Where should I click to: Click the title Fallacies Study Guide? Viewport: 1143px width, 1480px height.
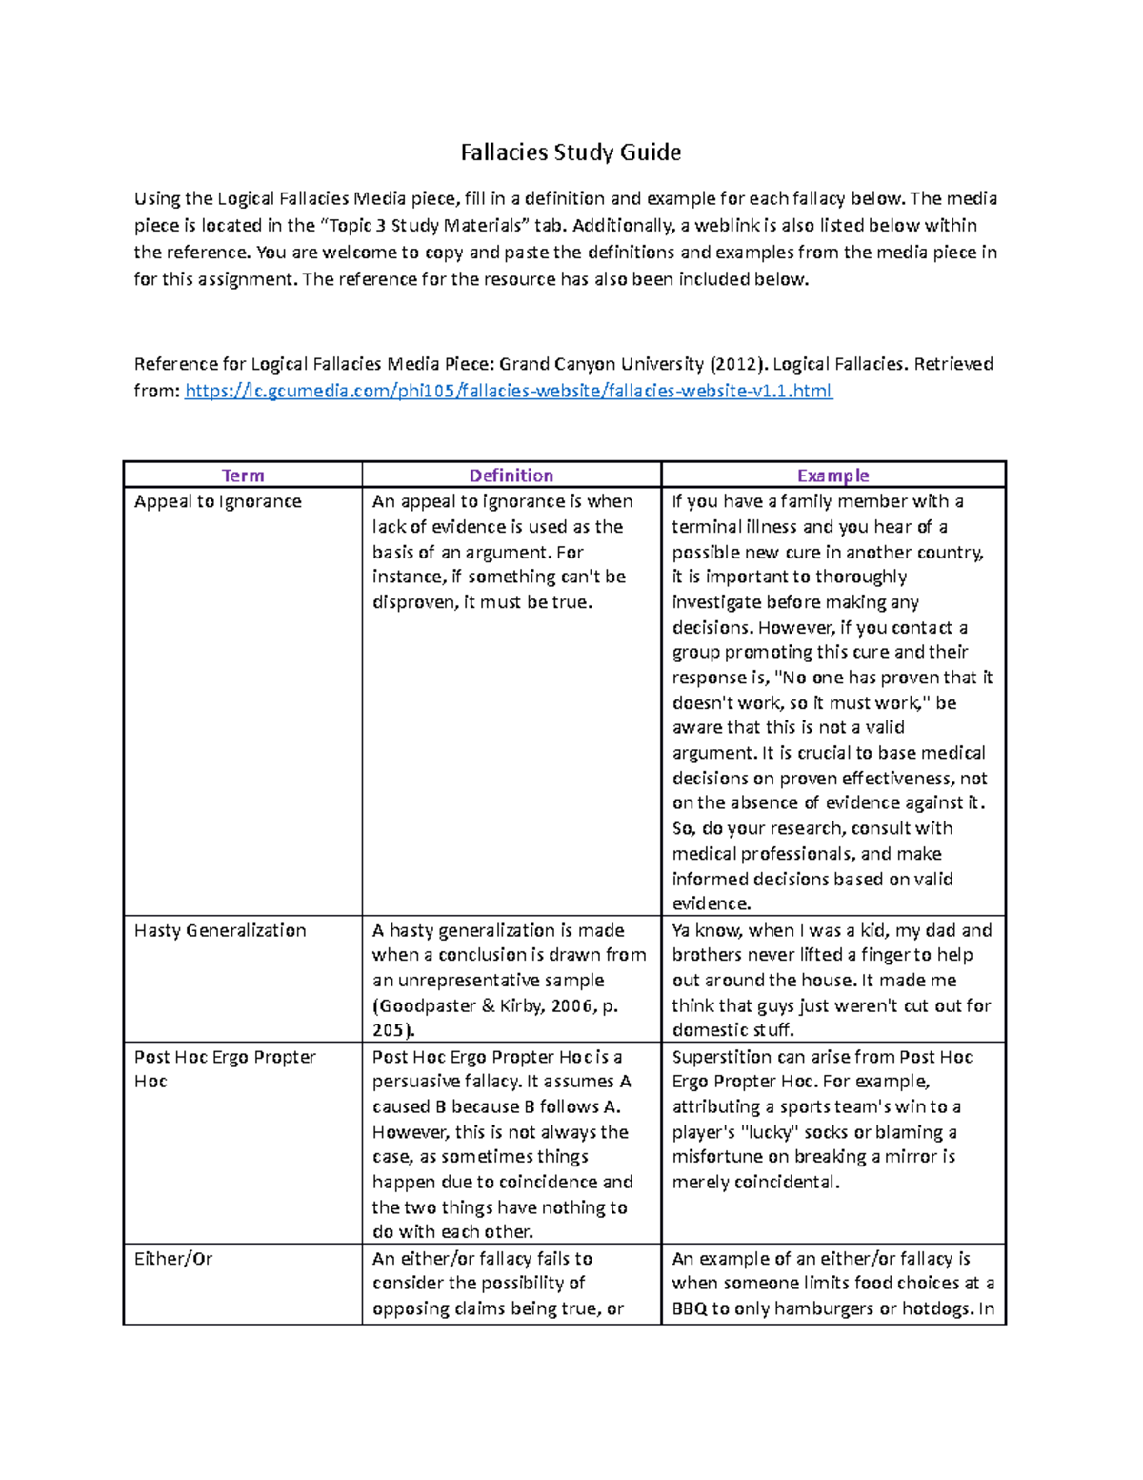[571, 152]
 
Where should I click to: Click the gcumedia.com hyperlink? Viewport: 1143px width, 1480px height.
[509, 391]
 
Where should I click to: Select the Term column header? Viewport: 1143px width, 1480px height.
[243, 476]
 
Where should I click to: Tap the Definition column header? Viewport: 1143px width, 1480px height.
[511, 476]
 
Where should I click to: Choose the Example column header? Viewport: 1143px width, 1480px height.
[832, 476]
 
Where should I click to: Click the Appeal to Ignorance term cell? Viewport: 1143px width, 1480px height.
[218, 501]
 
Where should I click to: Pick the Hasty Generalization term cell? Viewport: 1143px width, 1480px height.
[220, 930]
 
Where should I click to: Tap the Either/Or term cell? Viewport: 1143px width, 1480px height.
[173, 1259]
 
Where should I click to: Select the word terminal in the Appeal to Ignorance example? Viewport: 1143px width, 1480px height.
[705, 527]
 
